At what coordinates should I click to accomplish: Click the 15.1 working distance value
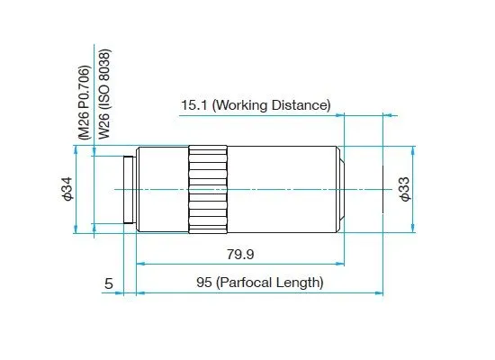pyautogui.click(x=193, y=105)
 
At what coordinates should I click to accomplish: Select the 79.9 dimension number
pyautogui.click(x=240, y=254)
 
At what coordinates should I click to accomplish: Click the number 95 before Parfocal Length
pyautogui.click(x=204, y=283)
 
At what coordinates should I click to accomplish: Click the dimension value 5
pyautogui.click(x=109, y=283)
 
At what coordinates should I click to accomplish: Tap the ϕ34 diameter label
pyautogui.click(x=67, y=189)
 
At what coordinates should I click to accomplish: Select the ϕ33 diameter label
pyautogui.click(x=405, y=189)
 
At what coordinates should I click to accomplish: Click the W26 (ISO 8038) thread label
pyautogui.click(x=104, y=94)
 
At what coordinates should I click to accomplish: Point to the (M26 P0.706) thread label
pyautogui.click(x=85, y=103)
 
